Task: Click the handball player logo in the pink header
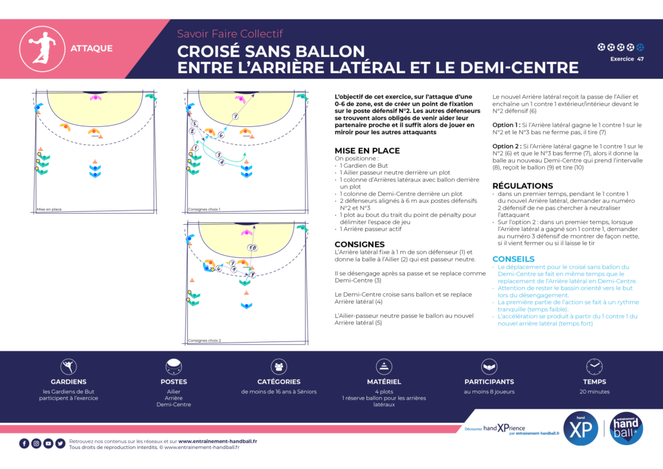[37, 48]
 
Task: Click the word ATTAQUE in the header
[91, 48]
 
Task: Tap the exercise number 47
[640, 59]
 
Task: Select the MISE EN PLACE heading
[367, 150]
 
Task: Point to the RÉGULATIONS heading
[523, 186]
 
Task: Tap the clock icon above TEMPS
[594, 367]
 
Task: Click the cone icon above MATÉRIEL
[384, 367]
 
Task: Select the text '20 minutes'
[594, 391]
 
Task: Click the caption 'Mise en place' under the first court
[49, 209]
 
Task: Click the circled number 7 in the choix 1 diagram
[236, 117]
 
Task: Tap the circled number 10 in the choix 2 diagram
[253, 247]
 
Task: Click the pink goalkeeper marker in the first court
[96, 97]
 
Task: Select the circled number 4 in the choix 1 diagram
[221, 162]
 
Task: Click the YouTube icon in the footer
[48, 444]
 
